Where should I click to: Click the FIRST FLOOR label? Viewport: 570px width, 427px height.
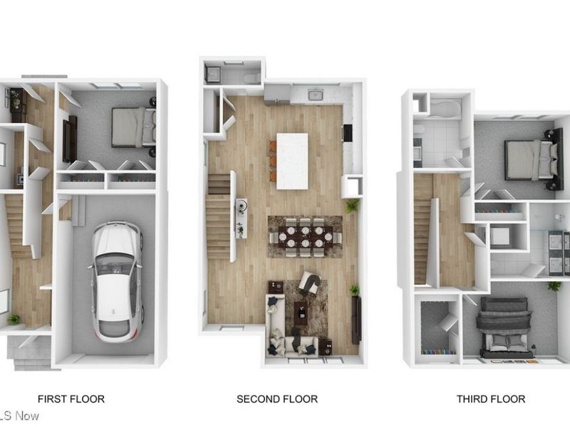tap(71, 399)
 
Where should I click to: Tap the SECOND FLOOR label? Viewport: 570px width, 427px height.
tap(277, 399)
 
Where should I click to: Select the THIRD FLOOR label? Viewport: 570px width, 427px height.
tap(491, 399)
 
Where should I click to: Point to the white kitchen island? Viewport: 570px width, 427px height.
tap(292, 161)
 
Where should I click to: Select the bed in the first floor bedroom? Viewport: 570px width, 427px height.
tap(133, 127)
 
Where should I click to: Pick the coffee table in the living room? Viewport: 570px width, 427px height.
tap(301, 311)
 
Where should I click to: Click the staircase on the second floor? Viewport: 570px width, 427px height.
tap(219, 217)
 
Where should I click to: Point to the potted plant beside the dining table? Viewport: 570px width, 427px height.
tap(351, 206)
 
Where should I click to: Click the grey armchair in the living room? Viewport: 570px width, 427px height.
tap(309, 282)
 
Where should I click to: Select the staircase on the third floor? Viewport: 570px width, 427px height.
tap(423, 228)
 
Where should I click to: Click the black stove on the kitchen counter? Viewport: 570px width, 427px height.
tap(348, 133)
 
